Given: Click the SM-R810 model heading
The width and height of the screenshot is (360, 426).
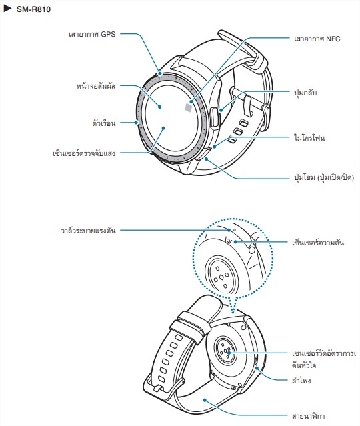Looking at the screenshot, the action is pos(33,9).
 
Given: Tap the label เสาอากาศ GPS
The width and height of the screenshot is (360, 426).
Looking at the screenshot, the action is pos(92,34).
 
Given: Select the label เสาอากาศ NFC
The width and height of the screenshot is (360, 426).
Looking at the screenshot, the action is pos(317,39).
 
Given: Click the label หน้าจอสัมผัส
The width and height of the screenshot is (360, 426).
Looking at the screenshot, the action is pos(96,86).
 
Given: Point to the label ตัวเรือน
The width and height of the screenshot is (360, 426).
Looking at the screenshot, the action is pos(104,123).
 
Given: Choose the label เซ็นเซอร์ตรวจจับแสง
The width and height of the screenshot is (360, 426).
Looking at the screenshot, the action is pos(84,153).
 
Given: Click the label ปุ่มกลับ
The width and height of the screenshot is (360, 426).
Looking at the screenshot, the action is pos(305,93).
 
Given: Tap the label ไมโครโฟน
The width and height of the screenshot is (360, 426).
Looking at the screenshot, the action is pos(309,137).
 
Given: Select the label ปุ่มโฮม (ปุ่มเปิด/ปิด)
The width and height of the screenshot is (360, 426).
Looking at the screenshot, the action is pos(324,177).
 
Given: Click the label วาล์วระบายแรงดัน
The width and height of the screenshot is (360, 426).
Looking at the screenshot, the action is pos(88,231).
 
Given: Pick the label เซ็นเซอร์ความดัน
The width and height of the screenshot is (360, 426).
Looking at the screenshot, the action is pos(318,242).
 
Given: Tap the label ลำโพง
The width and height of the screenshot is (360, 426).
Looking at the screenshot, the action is pos(301,380).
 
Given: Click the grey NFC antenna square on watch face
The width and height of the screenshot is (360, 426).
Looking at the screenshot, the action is pos(189,107).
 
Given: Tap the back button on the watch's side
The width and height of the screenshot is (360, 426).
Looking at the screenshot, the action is pos(215,117).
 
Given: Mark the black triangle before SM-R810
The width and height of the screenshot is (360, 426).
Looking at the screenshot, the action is pos(7,9).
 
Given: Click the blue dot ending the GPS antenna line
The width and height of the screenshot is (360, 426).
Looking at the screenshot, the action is pos(160,73).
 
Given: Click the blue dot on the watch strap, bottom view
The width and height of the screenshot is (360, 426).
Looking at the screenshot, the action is pos(205,400).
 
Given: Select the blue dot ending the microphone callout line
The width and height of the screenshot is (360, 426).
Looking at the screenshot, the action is pos(215,147).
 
